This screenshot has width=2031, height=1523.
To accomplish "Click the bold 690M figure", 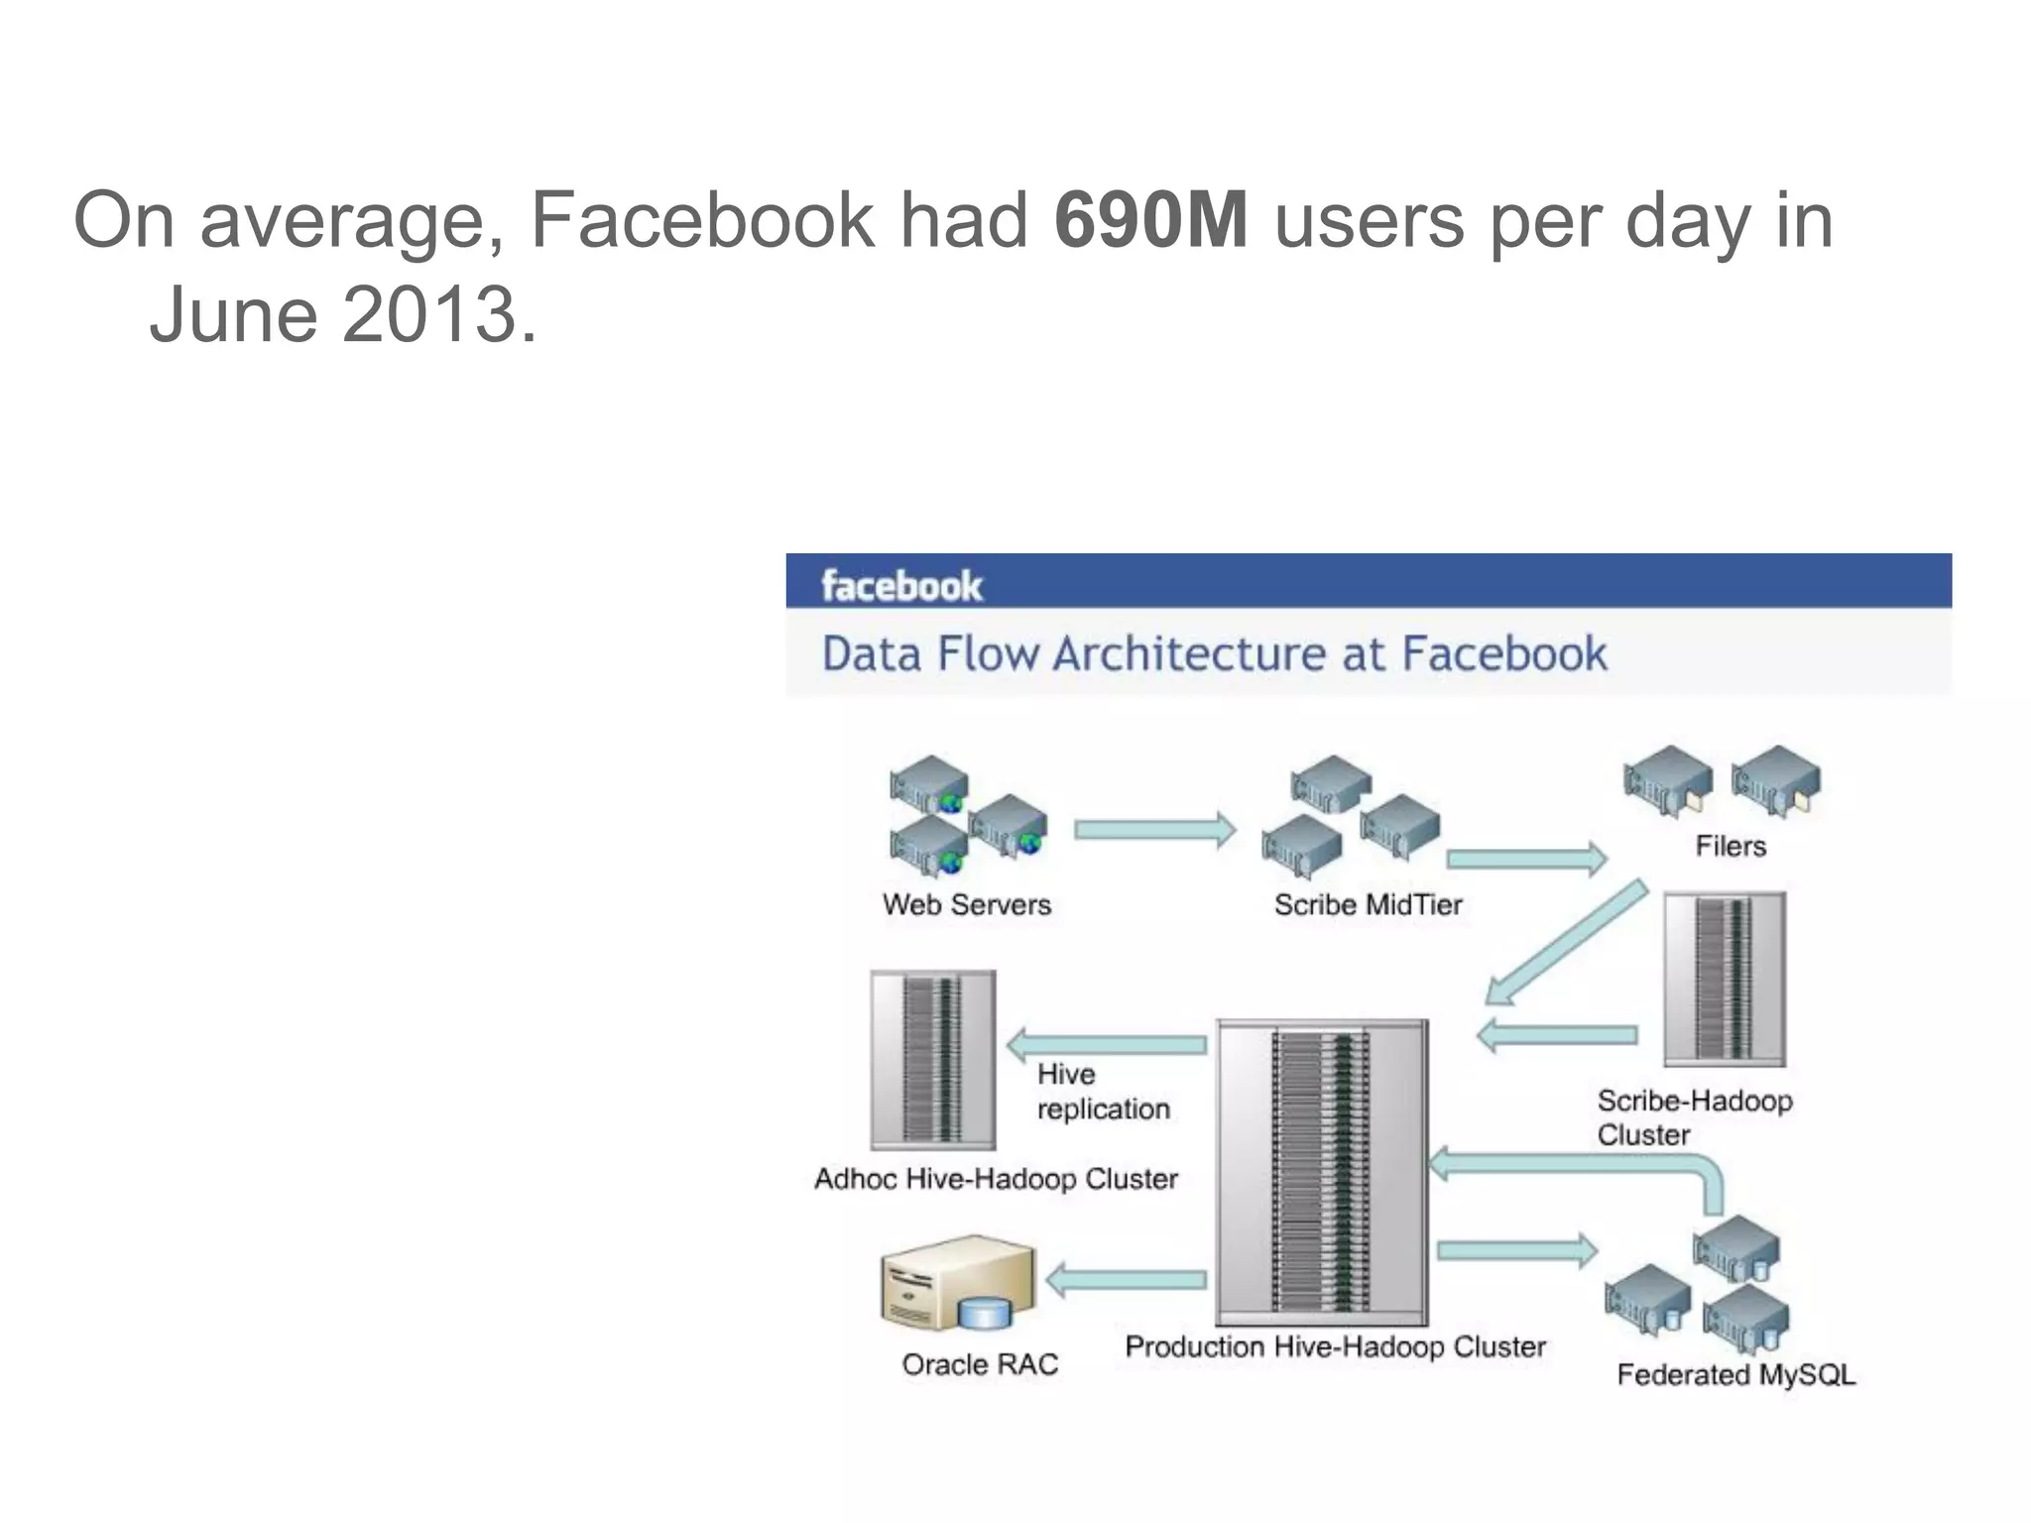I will coord(1150,220).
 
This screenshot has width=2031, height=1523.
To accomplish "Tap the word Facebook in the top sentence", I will coord(702,220).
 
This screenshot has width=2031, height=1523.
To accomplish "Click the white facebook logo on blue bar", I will coord(901,585).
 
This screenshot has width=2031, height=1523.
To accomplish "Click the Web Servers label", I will coord(967,904).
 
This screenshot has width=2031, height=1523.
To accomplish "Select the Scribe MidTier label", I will coord(1368,904).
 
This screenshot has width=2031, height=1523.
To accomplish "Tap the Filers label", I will coord(1731,846).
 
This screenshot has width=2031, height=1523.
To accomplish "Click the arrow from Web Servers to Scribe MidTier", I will coord(1154,830).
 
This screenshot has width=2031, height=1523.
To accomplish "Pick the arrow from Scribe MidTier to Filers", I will coord(1525,859).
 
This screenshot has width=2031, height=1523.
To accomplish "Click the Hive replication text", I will coord(1102,1091).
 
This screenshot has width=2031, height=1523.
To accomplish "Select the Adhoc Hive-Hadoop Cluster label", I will coord(996,1179).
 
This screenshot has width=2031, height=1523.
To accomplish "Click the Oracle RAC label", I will coord(980,1364).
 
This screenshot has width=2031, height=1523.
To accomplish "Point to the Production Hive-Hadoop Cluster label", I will coord(1335,1347).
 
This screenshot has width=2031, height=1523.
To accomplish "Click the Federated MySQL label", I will coord(1735,1374).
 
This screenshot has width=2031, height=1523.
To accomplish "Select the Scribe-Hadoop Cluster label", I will coord(1694,1116).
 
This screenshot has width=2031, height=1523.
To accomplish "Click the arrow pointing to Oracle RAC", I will coord(1126,1281).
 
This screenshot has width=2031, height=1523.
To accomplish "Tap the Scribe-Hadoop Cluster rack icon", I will coord(1724,979).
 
